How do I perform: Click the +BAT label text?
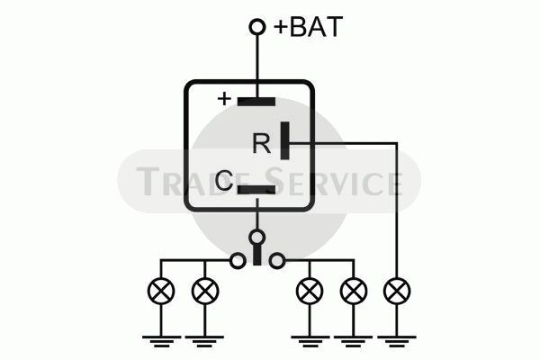click(x=308, y=26)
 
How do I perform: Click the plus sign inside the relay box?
click(x=224, y=99)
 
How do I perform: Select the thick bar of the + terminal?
click(x=256, y=102)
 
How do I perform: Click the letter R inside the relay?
click(x=262, y=144)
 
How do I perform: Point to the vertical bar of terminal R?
click(x=284, y=140)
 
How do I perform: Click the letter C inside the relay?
click(x=223, y=181)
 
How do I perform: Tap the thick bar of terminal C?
click(x=256, y=190)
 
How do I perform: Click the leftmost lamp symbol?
click(x=161, y=291)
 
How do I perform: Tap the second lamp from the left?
click(x=205, y=291)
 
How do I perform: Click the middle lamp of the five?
click(x=310, y=291)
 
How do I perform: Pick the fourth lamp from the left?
click(x=354, y=291)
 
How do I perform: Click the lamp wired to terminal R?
click(x=397, y=291)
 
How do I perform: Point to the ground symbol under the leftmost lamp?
click(x=161, y=341)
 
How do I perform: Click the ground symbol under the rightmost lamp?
click(x=397, y=341)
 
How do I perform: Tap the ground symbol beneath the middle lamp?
click(x=310, y=341)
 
